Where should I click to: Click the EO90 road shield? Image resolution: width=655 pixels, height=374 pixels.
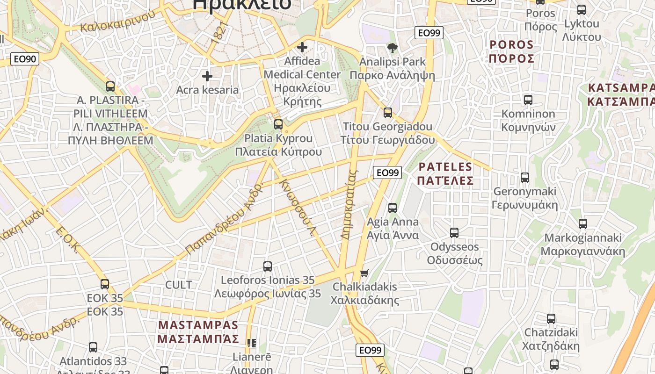coord(25,59)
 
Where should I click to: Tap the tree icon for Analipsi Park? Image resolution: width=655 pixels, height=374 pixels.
coord(392,48)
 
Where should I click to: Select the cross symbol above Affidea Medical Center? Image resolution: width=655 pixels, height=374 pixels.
coord(302,47)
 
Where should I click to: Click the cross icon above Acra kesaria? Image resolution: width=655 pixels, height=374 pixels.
coord(207,76)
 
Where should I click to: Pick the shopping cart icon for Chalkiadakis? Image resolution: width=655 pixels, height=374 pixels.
coord(364,273)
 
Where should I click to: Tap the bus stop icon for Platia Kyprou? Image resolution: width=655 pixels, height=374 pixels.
coord(278,124)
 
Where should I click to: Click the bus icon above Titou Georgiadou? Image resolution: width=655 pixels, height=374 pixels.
coord(388,113)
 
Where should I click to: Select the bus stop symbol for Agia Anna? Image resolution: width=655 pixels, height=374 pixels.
coord(393,208)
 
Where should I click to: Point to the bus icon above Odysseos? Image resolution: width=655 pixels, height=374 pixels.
coord(454,233)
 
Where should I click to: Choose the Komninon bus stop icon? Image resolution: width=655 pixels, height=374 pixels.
coord(528,100)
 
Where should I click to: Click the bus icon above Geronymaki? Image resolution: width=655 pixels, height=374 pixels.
coord(525,178)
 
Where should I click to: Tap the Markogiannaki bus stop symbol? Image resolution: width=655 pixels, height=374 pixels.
coord(582,224)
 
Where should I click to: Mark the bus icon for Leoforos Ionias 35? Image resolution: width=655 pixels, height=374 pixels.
coord(268,266)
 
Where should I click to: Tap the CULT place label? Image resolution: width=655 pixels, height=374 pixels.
coord(178,285)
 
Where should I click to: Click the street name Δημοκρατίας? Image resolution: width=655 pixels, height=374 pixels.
coord(349,204)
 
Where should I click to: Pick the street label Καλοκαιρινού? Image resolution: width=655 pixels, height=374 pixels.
coord(117,21)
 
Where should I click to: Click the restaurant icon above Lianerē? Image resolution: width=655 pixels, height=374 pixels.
coord(252,344)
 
